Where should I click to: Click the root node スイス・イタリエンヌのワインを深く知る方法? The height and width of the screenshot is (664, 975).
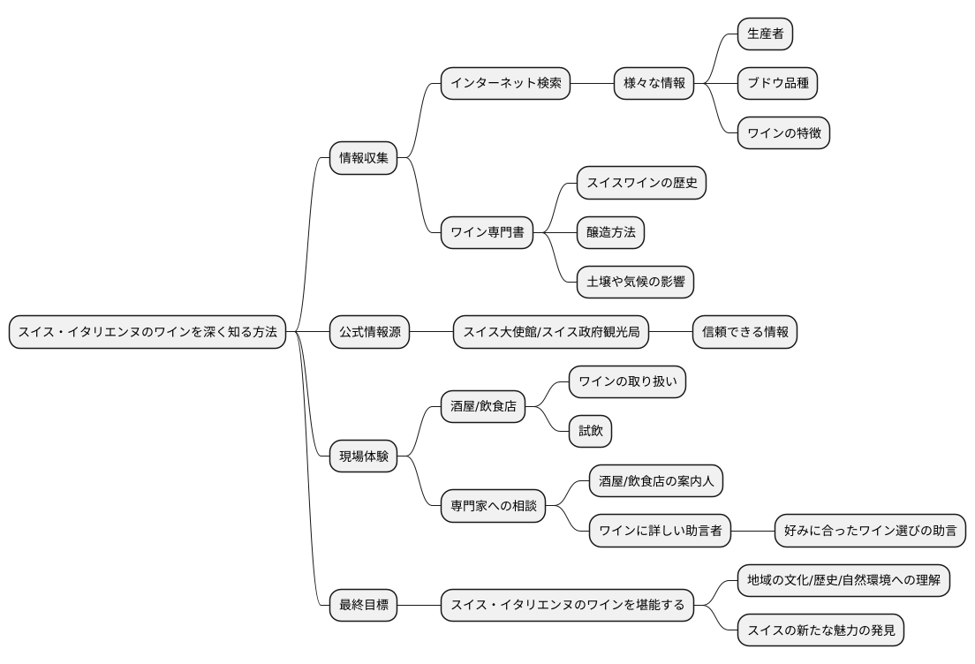147,332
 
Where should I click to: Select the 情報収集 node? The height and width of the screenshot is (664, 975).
364,159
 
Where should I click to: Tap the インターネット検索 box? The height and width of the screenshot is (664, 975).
505,84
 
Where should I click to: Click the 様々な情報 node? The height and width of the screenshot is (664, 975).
654,84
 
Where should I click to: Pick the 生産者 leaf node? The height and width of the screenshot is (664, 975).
765,34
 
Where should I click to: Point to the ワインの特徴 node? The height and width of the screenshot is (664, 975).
783,133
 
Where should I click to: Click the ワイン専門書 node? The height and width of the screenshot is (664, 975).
487,233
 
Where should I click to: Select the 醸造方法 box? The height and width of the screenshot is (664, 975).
609,233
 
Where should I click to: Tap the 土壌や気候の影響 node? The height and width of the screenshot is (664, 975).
634,283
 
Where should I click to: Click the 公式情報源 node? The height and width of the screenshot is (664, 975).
369,332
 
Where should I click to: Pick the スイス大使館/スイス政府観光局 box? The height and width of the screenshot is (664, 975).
551,332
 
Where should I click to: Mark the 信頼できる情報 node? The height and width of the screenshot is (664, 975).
744,332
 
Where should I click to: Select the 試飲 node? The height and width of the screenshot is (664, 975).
590,432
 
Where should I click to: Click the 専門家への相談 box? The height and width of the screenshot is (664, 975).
493,507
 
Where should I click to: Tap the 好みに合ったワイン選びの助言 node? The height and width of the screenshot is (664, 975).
871,532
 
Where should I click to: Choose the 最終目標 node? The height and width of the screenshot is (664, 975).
364,606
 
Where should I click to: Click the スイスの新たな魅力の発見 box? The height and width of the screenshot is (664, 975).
820,630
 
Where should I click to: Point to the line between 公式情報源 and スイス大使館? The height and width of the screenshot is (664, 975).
431,332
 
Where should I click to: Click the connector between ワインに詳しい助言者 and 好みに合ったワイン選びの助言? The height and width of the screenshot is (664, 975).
753,532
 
